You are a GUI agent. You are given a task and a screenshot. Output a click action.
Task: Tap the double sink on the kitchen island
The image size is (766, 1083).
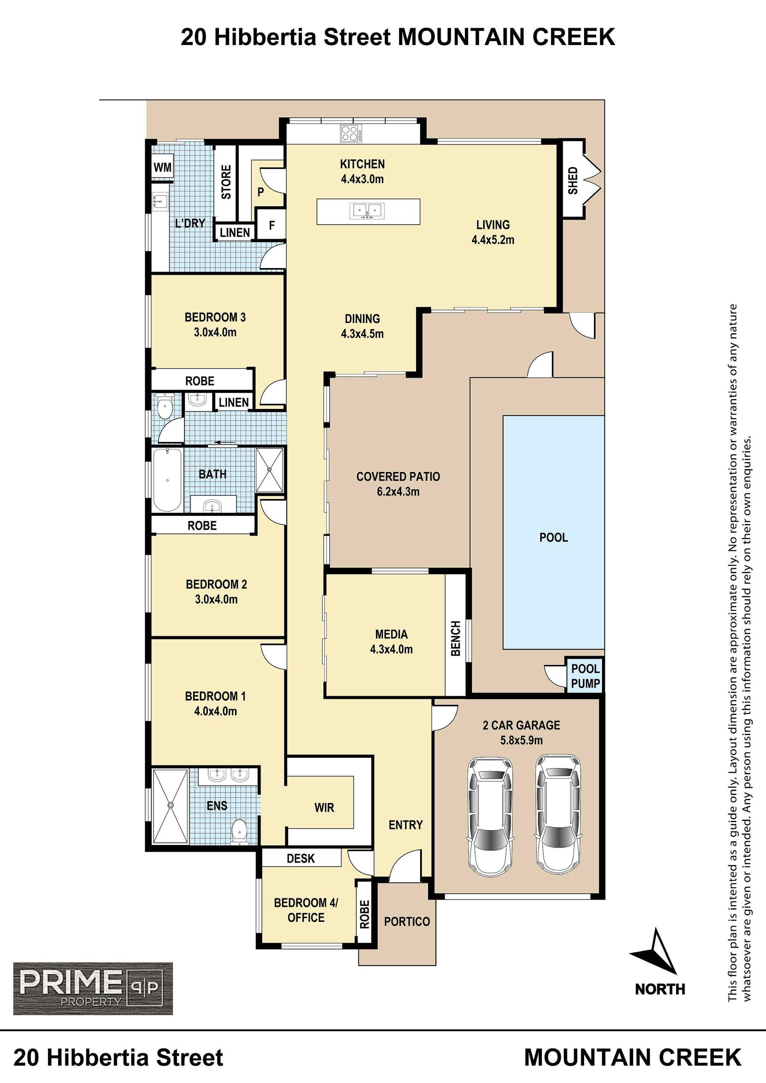coord(367,211)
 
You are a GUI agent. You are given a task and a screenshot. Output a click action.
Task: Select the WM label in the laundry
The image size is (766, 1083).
coord(163,167)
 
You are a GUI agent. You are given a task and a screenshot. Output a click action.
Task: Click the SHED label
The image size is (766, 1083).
coord(573,180)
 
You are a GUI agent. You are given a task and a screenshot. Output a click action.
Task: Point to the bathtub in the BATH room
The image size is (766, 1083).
coord(167,480)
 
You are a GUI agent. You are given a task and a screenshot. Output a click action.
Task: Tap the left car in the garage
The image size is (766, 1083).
coord(490,817)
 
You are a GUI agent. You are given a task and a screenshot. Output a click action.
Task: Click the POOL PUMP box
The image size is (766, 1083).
coord(585,675)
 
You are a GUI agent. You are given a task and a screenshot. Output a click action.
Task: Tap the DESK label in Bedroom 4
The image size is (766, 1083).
coord(300,858)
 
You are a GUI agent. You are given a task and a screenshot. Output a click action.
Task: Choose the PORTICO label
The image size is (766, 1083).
coord(407,921)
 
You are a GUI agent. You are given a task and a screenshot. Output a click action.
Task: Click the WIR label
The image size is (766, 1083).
coord(324,807)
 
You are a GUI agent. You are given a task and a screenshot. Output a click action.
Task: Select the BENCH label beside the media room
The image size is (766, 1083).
coord(456,638)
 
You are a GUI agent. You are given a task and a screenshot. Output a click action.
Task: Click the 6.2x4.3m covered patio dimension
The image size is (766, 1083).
coord(398,491)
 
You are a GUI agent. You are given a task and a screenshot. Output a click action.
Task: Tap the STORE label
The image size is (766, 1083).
coord(226,181)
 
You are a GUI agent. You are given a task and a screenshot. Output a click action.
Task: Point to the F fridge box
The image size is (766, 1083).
coord(271,225)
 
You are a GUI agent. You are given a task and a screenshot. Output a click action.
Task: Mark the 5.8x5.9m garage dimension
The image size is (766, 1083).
coord(521,740)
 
